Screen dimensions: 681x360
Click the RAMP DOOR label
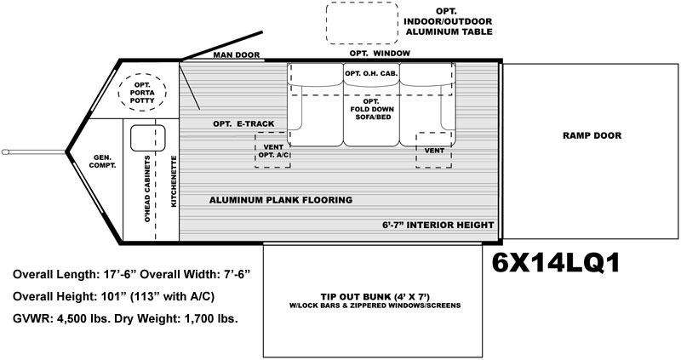592,135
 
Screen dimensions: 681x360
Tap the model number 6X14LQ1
556,263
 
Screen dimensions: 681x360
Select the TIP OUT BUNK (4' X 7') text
375,297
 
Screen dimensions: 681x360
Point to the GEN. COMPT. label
102,162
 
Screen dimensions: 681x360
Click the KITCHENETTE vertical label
174,181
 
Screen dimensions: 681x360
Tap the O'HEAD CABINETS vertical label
147,189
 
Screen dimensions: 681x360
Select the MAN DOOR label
237,55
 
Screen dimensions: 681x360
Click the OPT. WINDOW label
380,54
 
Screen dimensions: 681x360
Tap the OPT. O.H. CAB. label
371,74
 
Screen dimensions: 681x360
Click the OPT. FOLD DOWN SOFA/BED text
372,110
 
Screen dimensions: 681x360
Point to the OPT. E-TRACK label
243,124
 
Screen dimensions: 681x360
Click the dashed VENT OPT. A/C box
255,150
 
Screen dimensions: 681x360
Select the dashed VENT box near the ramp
416,150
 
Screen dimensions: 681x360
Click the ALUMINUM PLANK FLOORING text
281,200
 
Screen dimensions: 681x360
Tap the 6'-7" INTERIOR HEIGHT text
438,225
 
